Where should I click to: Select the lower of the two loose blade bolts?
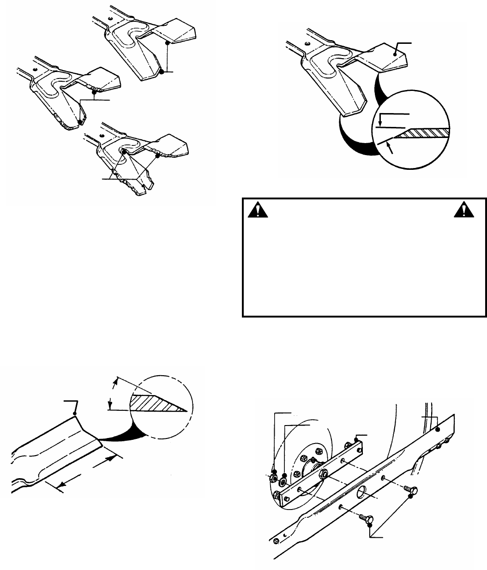pyautogui.click(x=368, y=517)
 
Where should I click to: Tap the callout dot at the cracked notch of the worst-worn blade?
pyautogui.click(x=124, y=151)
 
